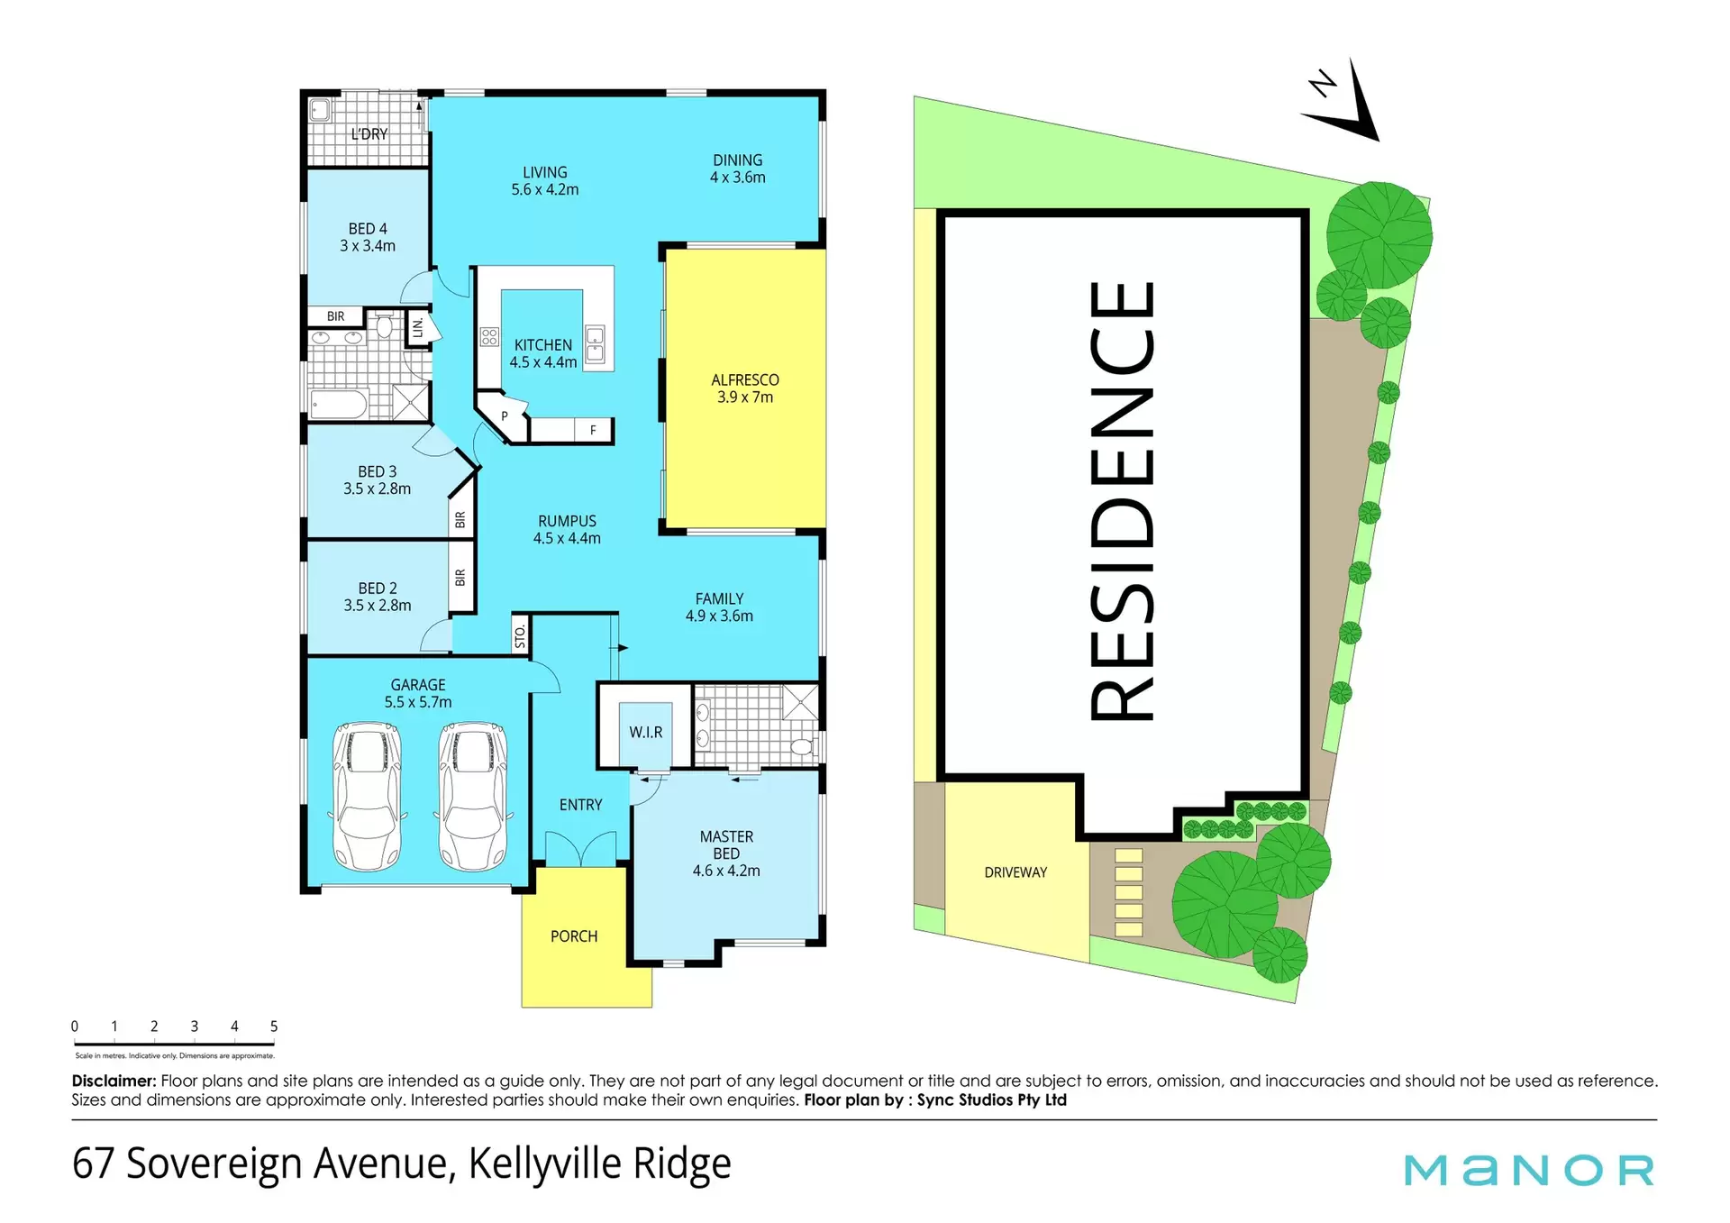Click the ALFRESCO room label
[745, 380]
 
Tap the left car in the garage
[367, 797]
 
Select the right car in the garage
[473, 797]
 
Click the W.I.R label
[646, 733]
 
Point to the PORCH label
[574, 936]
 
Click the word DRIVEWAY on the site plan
[1015, 872]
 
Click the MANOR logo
[1529, 1170]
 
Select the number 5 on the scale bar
[274, 1027]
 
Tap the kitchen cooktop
[489, 338]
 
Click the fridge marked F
[593, 431]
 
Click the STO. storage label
[520, 636]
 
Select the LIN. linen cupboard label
[418, 326]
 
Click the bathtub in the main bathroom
[339, 405]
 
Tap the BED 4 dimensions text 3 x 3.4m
[368, 246]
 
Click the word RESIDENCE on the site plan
[1123, 501]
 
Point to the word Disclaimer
[114, 1081]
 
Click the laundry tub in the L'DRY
[320, 111]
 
